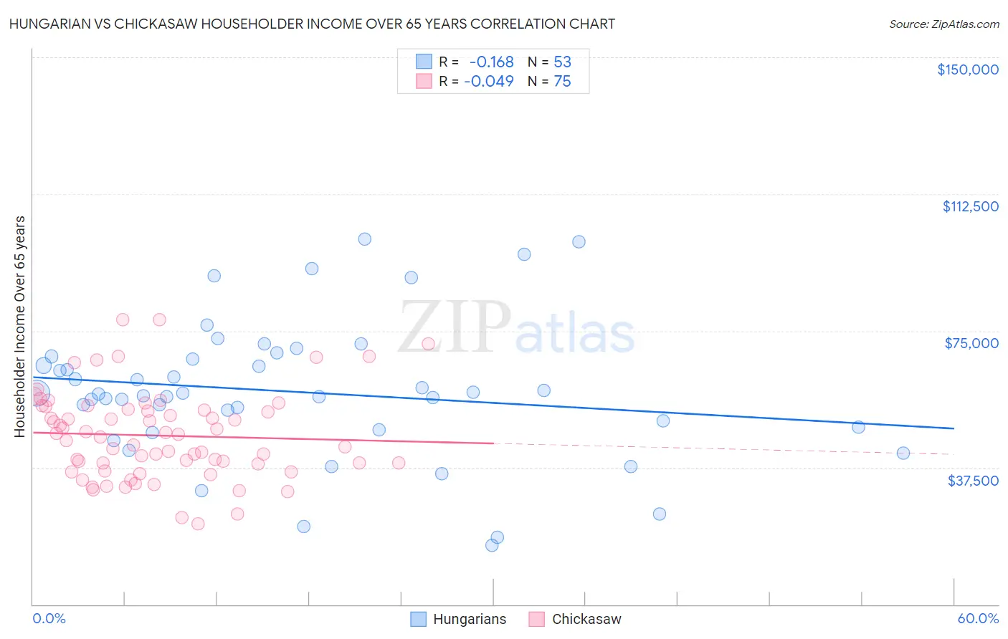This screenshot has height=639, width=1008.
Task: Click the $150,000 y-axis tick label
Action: pos(967,69)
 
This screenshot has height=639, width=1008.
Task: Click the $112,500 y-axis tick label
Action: pos(970,206)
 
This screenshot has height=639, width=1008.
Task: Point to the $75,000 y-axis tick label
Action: pos(971,343)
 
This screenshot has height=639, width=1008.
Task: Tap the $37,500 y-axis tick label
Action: pos(973,481)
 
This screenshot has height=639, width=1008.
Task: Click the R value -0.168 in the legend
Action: pos(491,62)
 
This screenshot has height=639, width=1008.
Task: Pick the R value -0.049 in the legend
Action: pos(489,82)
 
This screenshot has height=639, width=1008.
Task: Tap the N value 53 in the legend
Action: pos(562,62)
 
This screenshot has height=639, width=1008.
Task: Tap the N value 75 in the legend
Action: pos(562,82)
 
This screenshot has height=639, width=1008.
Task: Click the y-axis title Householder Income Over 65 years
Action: pos(20,327)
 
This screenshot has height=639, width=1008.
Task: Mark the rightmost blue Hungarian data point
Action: pos(903,453)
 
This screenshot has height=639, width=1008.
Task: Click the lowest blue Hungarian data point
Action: pos(492,545)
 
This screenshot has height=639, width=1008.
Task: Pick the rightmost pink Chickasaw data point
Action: pos(428,344)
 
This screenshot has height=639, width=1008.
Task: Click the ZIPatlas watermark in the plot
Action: pos(516,328)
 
